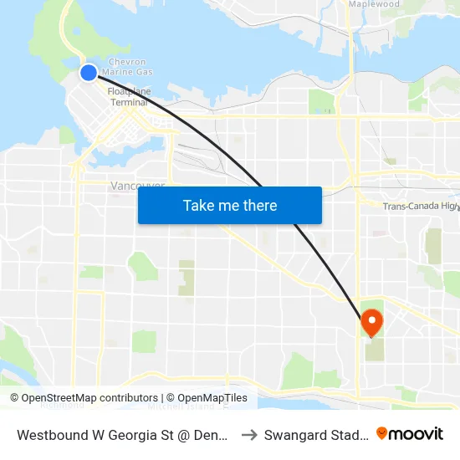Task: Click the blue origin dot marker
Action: pos(89,73)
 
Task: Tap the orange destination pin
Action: pos(371,321)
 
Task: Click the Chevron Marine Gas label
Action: pos(128,68)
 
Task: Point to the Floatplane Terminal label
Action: pos(128,96)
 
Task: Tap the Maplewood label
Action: pos(373,4)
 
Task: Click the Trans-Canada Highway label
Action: pos(420,207)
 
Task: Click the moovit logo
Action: pos(409,433)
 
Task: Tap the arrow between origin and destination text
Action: pos(249,434)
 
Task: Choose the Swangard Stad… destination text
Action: pos(316,434)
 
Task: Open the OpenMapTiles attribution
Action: pos(207,398)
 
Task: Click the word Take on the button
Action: pos(199,206)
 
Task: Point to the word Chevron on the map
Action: pos(128,62)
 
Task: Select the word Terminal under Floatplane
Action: pos(129,102)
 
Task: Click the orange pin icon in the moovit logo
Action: pos(382,433)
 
